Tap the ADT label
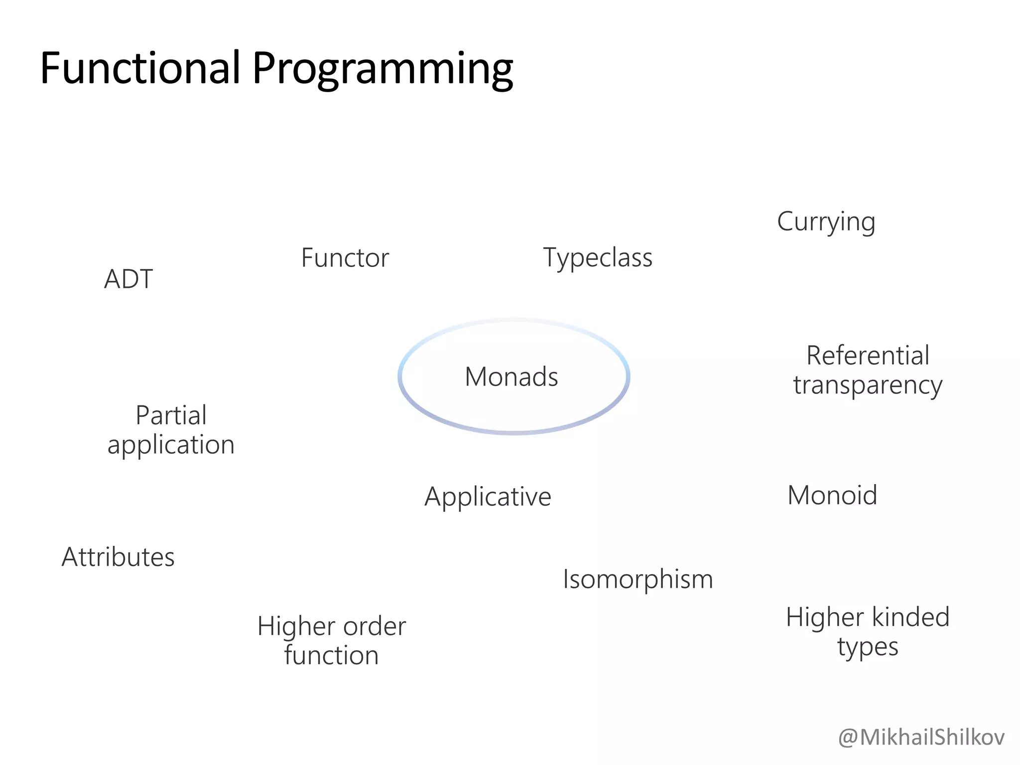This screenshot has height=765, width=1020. coord(128,279)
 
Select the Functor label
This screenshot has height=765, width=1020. coord(345,258)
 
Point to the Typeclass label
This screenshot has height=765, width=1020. coord(598,258)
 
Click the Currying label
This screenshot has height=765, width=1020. coord(826,222)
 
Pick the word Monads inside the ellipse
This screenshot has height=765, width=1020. coord(511,377)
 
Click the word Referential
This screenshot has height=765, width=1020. coord(868,356)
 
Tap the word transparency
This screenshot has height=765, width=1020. coord(868,385)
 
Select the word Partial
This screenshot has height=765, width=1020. coord(171,415)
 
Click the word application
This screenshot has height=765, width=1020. coord(171,445)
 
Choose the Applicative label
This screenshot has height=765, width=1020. coord(488,497)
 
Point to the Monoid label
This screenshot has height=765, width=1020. coord(832,496)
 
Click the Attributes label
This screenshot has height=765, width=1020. coord(118,557)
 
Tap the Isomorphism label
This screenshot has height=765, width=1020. coord(638,579)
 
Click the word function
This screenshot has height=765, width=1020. coord(331,655)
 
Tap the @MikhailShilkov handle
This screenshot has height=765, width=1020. coord(921,738)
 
